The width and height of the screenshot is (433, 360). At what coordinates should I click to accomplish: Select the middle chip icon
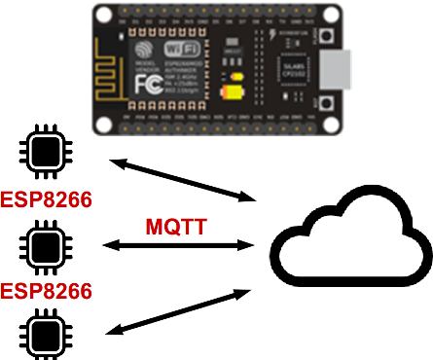tap(42, 243)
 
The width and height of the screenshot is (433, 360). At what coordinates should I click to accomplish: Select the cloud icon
tap(349, 242)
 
